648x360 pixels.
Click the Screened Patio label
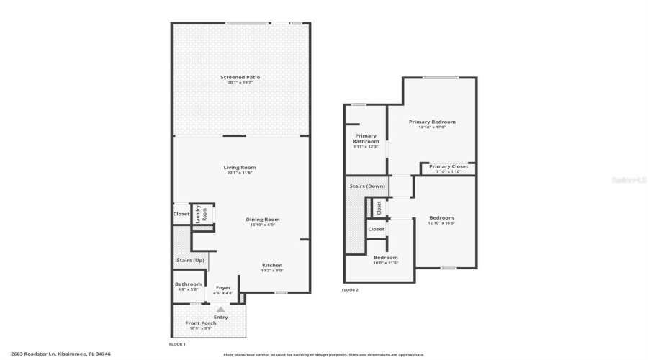[x=240, y=77]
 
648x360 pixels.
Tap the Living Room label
[x=240, y=168]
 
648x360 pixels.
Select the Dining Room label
[x=263, y=220]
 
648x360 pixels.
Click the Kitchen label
[x=272, y=265]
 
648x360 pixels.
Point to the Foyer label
[x=223, y=288]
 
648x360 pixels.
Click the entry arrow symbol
[x=221, y=309]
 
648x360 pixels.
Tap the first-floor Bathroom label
[x=189, y=284]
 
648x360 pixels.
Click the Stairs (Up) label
[x=190, y=260]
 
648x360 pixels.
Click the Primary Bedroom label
[x=432, y=122]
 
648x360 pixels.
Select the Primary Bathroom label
[x=366, y=139]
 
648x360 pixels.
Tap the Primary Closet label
[x=449, y=166]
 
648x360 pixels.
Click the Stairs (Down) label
[x=367, y=186]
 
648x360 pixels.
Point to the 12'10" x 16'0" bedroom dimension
[x=441, y=223]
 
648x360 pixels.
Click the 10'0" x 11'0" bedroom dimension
[x=385, y=263]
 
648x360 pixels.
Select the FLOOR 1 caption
[x=177, y=345]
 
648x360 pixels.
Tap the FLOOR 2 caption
[x=350, y=290]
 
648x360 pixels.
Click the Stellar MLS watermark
[x=629, y=180]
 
